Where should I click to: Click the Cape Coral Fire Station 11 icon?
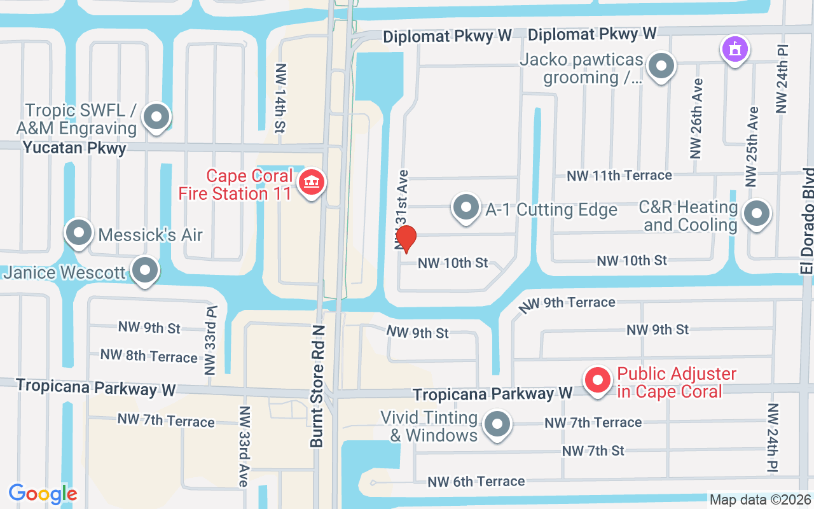click(311, 183)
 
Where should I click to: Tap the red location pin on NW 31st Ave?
click(406, 239)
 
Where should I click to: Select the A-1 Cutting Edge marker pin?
click(467, 207)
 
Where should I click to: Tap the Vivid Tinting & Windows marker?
click(497, 424)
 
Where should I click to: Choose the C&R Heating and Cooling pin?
click(757, 214)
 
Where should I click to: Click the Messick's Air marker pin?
click(79, 233)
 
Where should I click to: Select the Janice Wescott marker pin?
click(145, 270)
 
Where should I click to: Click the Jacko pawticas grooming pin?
click(661, 66)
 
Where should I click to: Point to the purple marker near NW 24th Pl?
click(735, 49)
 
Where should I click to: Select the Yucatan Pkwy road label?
click(74, 148)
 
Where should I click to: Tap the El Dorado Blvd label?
click(807, 221)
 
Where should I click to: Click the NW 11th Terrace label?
click(619, 175)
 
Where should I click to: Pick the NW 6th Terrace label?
click(476, 482)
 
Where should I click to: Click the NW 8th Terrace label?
click(149, 356)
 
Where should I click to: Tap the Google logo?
click(43, 493)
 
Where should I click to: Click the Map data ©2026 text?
click(760, 500)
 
